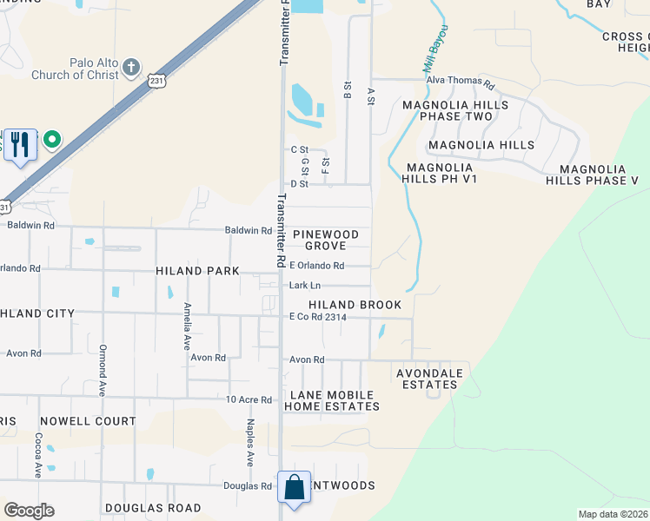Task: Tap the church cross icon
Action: coord(131,67)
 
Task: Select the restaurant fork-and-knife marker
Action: coord(20,144)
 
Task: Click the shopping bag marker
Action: coord(295,487)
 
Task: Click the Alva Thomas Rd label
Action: coord(460,84)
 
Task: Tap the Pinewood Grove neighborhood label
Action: coord(325,241)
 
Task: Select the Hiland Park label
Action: coord(197,271)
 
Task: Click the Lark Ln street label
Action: coord(305,285)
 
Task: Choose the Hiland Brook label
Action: coord(355,305)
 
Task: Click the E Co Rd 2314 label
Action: coord(318,318)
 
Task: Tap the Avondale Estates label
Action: coord(427,379)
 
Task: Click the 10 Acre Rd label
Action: coord(249,399)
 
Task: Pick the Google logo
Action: coord(29,511)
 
